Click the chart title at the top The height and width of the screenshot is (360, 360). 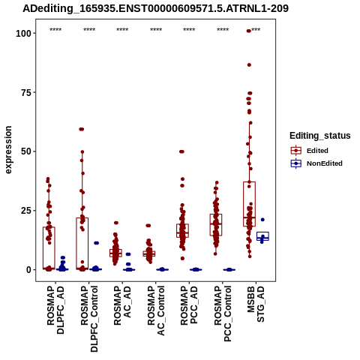pyautogui.click(x=155, y=8)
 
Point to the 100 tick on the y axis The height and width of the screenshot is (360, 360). pyautogui.click(x=24, y=33)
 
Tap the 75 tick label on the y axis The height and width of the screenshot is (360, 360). pyautogui.click(x=27, y=92)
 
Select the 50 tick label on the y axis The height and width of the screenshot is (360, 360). pyautogui.click(x=27, y=151)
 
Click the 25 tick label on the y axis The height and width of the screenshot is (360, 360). pyautogui.click(x=27, y=211)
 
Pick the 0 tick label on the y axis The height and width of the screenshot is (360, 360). pyautogui.click(x=29, y=270)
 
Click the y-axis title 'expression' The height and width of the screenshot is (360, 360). pyautogui.click(x=8, y=150)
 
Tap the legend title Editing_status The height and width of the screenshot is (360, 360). pyautogui.click(x=320, y=136)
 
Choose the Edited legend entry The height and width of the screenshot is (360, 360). pyautogui.click(x=310, y=151)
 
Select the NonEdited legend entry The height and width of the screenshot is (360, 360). pyautogui.click(x=316, y=163)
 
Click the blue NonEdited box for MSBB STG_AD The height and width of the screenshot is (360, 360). pyautogui.click(x=262, y=236)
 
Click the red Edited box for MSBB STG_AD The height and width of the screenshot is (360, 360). pyautogui.click(x=249, y=204)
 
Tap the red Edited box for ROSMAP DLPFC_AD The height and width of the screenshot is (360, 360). pyautogui.click(x=49, y=247)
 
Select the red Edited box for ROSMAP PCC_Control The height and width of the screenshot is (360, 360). pyautogui.click(x=216, y=225)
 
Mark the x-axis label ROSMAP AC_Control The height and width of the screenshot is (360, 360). pyautogui.click(x=156, y=310)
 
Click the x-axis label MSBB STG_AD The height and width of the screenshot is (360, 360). pyautogui.click(x=256, y=304)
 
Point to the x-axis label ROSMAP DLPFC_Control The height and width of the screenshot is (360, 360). pyautogui.click(x=89, y=319)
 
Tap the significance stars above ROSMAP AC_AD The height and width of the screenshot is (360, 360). pyautogui.click(x=122, y=30)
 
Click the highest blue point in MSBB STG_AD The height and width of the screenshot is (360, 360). pyautogui.click(x=262, y=220)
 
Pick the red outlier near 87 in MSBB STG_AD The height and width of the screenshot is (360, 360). pyautogui.click(x=249, y=65)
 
